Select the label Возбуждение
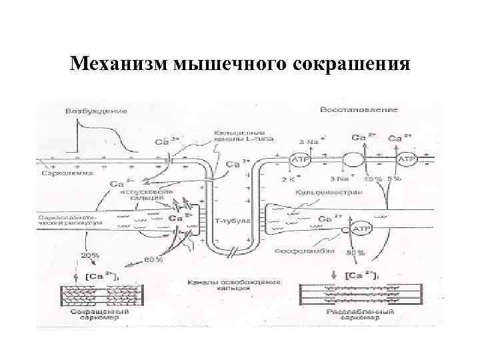pos(96,111)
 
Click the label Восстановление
pos(359,109)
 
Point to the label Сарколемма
pos(57,173)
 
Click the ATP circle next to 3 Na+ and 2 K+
pos(299,160)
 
